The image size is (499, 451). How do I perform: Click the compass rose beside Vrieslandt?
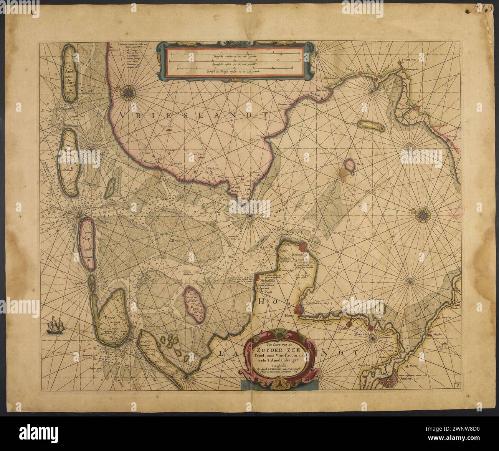[x=127, y=91]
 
